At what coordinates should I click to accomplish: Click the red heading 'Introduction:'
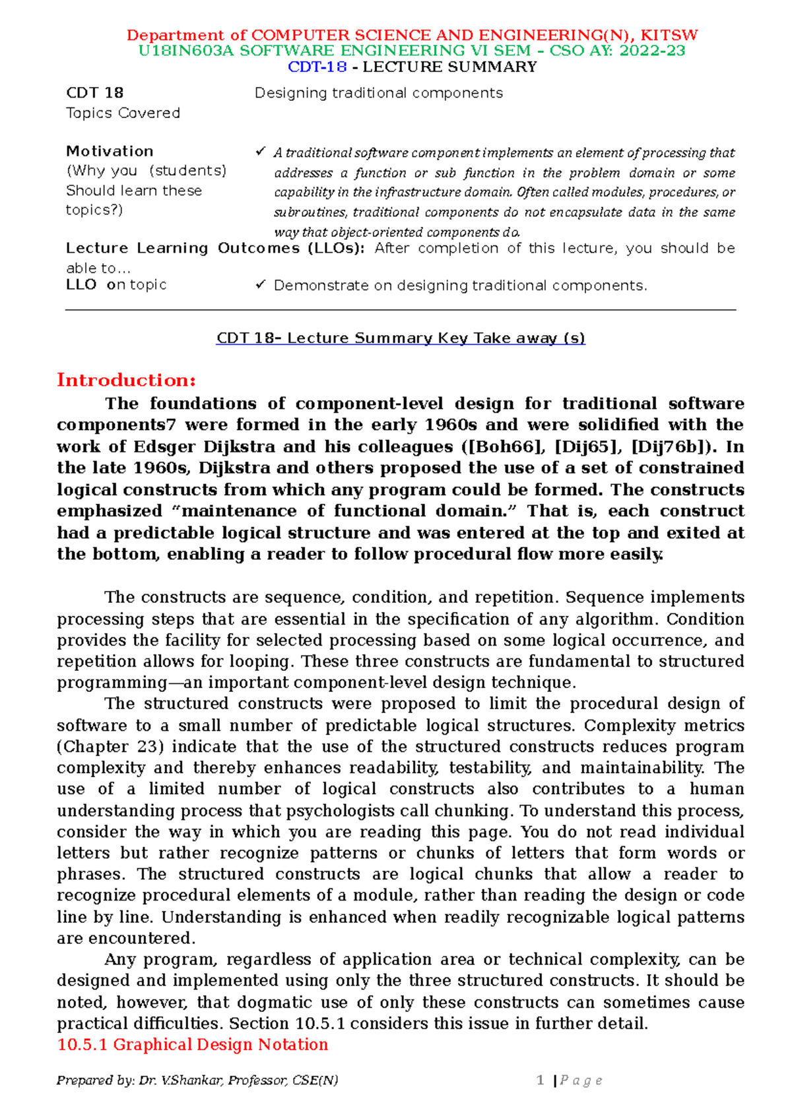click(126, 381)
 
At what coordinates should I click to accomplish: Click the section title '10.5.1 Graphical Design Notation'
click(193, 1045)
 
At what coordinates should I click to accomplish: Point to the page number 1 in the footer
click(541, 1080)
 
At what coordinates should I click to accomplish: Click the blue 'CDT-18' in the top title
click(317, 67)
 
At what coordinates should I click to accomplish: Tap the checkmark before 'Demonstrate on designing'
click(260, 285)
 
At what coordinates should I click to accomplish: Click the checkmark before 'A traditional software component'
click(260, 152)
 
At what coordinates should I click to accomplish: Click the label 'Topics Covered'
click(123, 113)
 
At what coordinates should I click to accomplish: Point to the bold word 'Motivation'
click(110, 151)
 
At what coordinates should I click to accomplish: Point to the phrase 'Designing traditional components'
click(379, 93)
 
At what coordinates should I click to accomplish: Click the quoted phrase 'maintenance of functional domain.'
click(346, 511)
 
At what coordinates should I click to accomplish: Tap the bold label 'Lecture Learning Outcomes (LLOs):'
click(214, 249)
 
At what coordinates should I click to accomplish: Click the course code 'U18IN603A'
click(186, 51)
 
